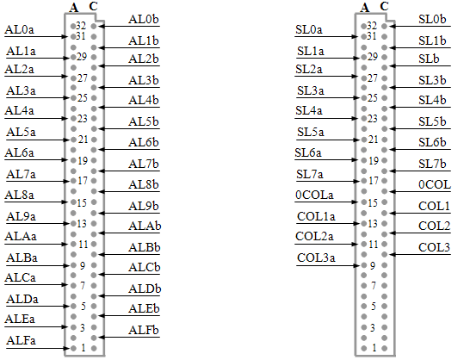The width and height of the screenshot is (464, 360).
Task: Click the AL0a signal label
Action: [x=20, y=29]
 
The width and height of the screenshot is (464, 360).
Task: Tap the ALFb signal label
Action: [x=144, y=330]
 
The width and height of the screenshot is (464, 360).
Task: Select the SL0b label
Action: [x=432, y=19]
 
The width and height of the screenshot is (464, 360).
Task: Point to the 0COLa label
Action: [x=314, y=195]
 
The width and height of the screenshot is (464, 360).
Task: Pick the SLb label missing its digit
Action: [x=429, y=59]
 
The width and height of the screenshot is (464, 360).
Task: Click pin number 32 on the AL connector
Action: [x=81, y=26]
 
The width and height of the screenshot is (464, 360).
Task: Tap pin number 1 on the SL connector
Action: [x=374, y=348]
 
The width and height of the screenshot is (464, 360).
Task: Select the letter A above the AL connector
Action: [x=74, y=8]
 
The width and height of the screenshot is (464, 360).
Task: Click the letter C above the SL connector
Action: [x=384, y=6]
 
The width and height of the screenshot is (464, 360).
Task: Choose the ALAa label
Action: [x=21, y=236]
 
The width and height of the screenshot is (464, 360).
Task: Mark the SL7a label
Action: [x=310, y=174]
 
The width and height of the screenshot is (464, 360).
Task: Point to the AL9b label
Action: [x=144, y=206]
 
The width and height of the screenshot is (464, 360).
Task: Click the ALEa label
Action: [x=20, y=319]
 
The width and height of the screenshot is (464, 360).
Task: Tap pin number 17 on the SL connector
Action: [x=373, y=181]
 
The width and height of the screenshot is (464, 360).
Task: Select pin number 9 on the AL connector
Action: [x=83, y=265]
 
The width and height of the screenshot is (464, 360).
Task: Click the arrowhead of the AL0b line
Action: [x=102, y=27]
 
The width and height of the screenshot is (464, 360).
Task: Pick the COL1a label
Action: [x=316, y=216]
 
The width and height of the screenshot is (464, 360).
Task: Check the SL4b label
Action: [x=432, y=100]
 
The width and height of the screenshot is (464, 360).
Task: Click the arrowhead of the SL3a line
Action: [x=356, y=97]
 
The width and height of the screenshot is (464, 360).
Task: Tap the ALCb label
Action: [x=144, y=267]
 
